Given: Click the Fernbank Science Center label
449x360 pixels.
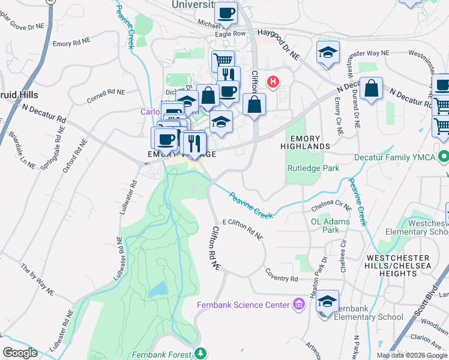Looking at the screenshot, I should [x=243, y=305].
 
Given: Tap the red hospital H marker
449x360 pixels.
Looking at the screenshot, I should [x=274, y=81].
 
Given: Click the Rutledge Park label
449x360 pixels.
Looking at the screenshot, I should [x=313, y=168].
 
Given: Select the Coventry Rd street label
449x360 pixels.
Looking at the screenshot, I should [x=282, y=279].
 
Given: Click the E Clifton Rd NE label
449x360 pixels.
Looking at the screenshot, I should [x=243, y=229].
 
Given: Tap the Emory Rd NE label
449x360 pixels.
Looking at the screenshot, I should [x=70, y=44].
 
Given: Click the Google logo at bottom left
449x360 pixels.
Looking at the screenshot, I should [x=19, y=353].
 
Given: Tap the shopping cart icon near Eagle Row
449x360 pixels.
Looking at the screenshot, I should [x=223, y=60].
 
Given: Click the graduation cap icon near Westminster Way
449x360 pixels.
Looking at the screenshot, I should [x=328, y=52].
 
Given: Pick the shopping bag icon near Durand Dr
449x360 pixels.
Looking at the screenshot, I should [x=372, y=88].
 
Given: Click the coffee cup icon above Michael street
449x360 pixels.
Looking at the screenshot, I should [x=226, y=13].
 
